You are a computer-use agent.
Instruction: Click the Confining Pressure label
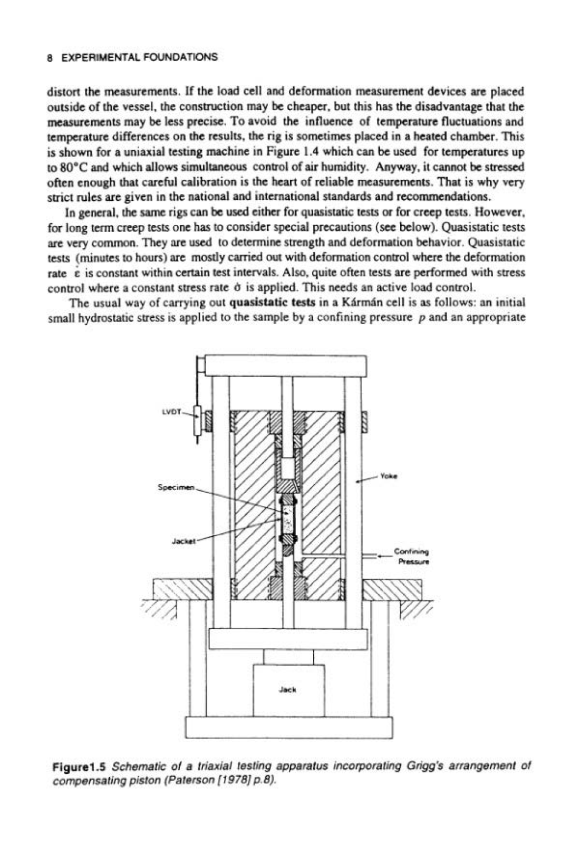coord(411,557)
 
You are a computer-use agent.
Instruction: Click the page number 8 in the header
coord(49,58)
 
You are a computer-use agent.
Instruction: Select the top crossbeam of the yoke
coord(286,366)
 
